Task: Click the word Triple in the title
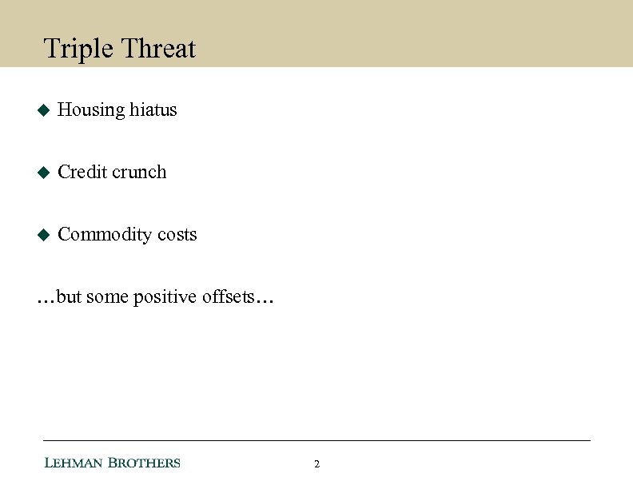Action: tap(78, 50)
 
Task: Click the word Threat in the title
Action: tap(158, 49)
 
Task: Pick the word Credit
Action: tap(82, 172)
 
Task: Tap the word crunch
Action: tap(139, 173)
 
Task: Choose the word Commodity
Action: tap(105, 235)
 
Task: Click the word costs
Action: tap(177, 235)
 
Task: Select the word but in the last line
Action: tap(70, 297)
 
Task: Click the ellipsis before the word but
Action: tap(46, 302)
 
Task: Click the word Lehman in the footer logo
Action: tap(74, 463)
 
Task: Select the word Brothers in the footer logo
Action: tap(145, 463)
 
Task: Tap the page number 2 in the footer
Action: tap(317, 464)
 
